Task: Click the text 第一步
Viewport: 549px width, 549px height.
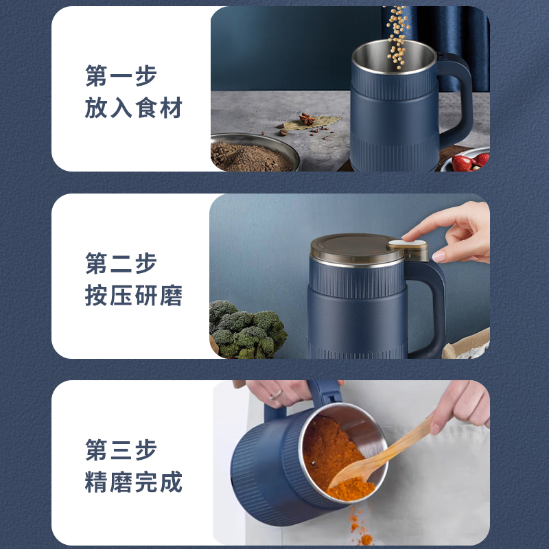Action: pyautogui.click(x=121, y=75)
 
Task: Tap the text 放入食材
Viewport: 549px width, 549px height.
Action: pyautogui.click(x=133, y=108)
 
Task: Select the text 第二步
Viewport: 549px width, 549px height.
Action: pyautogui.click(x=121, y=264)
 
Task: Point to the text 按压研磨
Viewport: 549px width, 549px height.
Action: pyautogui.click(x=133, y=295)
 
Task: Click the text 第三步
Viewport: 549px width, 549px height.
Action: pyautogui.click(x=121, y=450)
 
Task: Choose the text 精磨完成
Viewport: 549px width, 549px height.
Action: pyautogui.click(x=133, y=482)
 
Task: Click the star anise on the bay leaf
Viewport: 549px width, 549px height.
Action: pyautogui.click(x=307, y=119)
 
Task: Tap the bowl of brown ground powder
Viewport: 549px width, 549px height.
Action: pyautogui.click(x=254, y=152)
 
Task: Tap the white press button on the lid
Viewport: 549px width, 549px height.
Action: pyautogui.click(x=408, y=243)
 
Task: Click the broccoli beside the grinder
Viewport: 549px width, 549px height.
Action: pyautogui.click(x=247, y=330)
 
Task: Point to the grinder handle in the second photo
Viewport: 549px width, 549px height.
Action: pyautogui.click(x=432, y=308)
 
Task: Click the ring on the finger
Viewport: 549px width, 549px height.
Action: pyautogui.click(x=276, y=395)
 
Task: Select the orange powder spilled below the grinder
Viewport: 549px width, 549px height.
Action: pyautogui.click(x=359, y=525)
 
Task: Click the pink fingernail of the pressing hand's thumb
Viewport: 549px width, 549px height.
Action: pyautogui.click(x=439, y=255)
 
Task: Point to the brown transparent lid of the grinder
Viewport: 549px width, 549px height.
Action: pyautogui.click(x=357, y=248)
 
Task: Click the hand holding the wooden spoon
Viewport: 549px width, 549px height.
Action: pyautogui.click(x=462, y=406)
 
